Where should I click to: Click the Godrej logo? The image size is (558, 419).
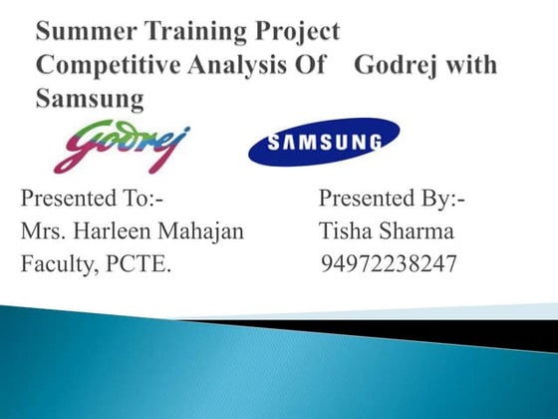(x=121, y=147)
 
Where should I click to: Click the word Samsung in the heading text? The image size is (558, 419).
(x=90, y=98)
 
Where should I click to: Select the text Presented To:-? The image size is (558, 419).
(x=99, y=200)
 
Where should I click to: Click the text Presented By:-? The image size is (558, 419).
(x=393, y=200)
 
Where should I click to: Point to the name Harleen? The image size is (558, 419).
(x=125, y=232)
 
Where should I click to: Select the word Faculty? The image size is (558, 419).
(x=55, y=265)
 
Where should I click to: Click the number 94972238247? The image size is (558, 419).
(x=391, y=265)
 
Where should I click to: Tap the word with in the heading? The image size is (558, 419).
(x=474, y=65)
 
